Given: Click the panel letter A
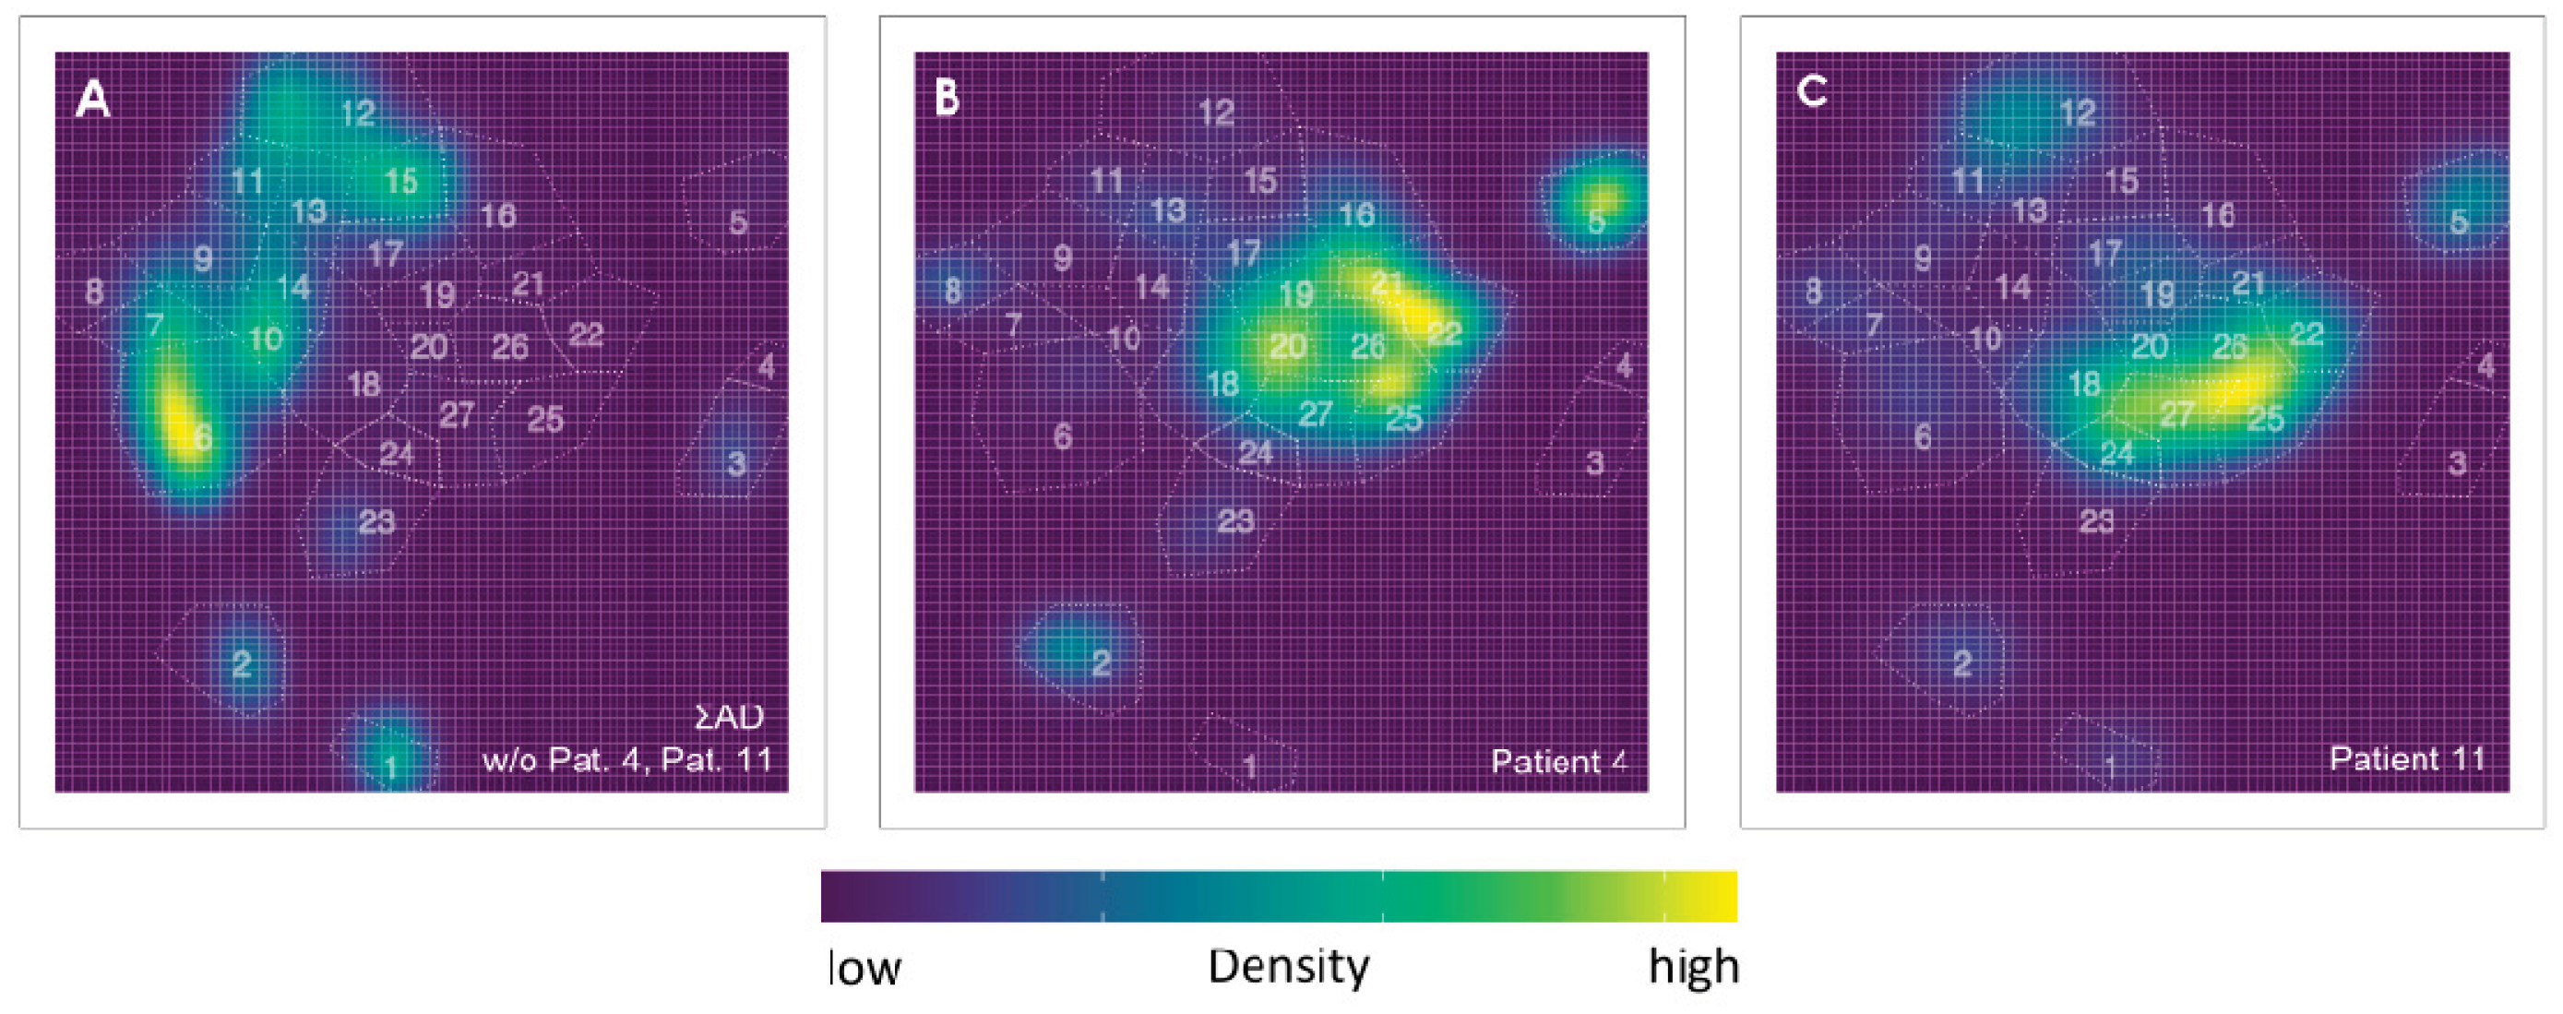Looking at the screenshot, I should [x=92, y=100].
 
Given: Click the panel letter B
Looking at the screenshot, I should [x=947, y=98].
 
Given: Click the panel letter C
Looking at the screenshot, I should [x=1811, y=91].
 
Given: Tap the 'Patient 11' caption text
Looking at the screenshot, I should [x=2407, y=759].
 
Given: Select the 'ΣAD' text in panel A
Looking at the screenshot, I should [x=729, y=717].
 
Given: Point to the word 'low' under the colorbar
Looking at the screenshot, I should [x=864, y=968].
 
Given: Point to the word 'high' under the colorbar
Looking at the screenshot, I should [x=1693, y=966].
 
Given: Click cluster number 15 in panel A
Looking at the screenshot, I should [x=401, y=181].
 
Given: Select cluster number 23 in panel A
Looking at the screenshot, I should [x=376, y=521].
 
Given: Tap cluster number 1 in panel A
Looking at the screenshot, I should [x=391, y=766].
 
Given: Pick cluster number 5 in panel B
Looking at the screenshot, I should [x=1596, y=221].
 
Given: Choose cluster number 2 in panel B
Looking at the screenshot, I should [x=1101, y=662].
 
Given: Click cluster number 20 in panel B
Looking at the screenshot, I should [x=1287, y=346].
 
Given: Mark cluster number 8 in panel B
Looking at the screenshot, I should [x=952, y=291].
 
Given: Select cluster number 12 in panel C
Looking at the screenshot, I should [x=2078, y=113].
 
